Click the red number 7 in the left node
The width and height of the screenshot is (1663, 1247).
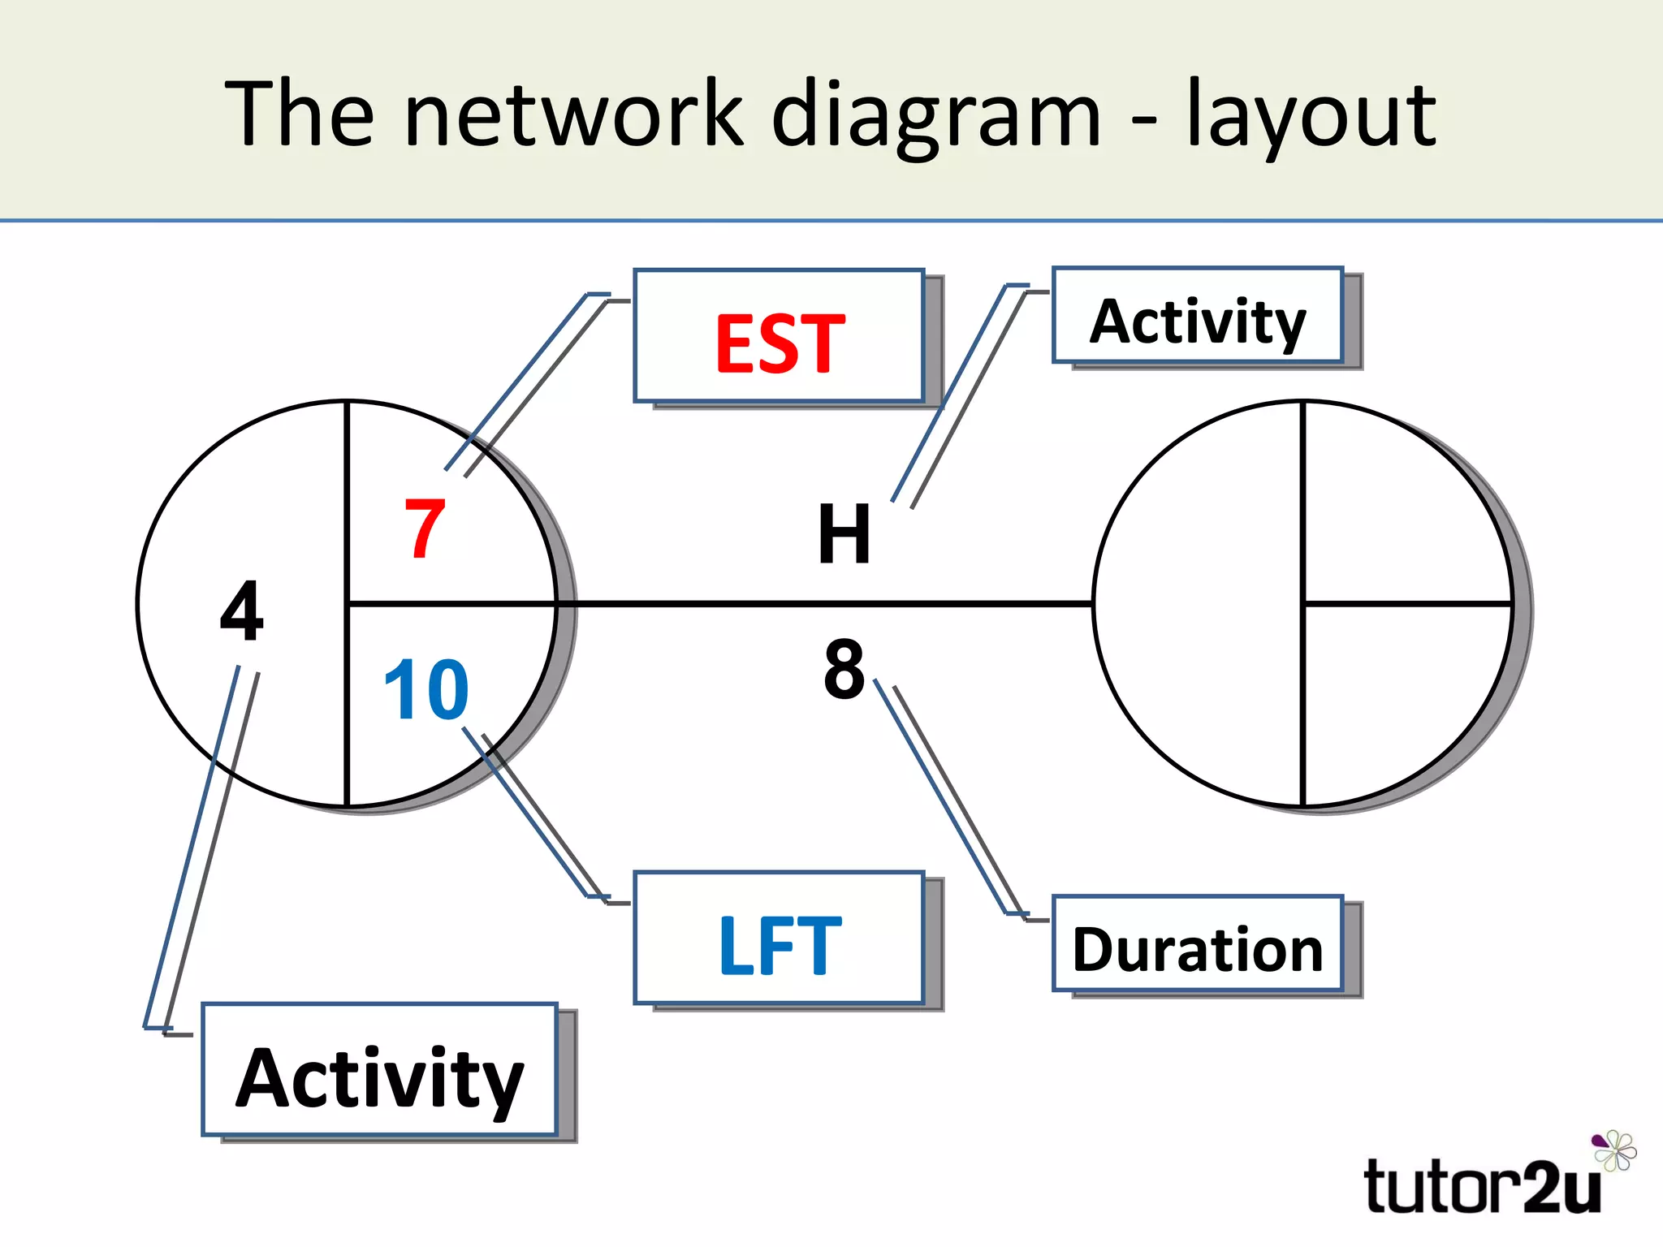pyautogui.click(x=425, y=529)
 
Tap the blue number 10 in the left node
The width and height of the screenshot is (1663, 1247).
pyautogui.click(x=426, y=690)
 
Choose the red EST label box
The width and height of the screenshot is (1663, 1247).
pyautogui.click(x=780, y=337)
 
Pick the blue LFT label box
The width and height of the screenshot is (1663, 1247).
pyautogui.click(x=780, y=939)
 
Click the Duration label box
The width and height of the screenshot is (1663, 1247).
pyautogui.click(x=1198, y=944)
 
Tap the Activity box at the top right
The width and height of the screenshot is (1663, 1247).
pyautogui.click(x=1198, y=316)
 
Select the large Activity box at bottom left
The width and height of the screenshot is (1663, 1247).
pyautogui.click(x=379, y=1071)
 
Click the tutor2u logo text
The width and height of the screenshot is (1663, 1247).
pyautogui.click(x=1482, y=1187)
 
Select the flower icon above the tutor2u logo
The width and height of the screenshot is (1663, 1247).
pyautogui.click(x=1614, y=1150)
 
